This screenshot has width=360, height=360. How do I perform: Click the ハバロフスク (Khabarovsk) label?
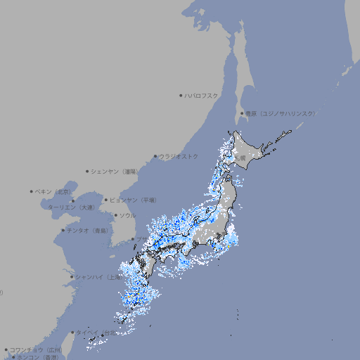click(x=202, y=96)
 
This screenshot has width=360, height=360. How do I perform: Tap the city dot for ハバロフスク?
click(x=181, y=96)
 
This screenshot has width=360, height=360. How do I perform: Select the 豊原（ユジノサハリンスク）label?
click(x=281, y=113)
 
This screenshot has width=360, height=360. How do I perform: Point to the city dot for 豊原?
click(x=242, y=113)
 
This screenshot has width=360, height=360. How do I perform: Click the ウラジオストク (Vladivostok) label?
click(x=179, y=156)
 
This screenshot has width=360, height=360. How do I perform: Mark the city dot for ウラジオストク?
click(x=155, y=157)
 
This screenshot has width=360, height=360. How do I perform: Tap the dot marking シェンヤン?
click(x=87, y=171)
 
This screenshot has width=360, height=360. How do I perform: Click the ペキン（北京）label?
click(x=53, y=191)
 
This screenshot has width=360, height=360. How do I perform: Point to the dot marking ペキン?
click(x=32, y=191)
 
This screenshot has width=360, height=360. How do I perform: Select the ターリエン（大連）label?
click(x=72, y=207)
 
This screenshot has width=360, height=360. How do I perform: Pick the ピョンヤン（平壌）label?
click(x=133, y=200)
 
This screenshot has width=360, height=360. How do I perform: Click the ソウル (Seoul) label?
click(x=127, y=215)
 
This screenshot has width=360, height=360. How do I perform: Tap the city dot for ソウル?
click(x=115, y=215)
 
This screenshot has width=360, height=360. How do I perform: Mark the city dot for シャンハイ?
click(x=71, y=277)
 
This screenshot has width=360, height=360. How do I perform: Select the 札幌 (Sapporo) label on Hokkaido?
click(x=240, y=157)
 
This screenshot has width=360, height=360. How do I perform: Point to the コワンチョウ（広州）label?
click(x=36, y=349)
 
